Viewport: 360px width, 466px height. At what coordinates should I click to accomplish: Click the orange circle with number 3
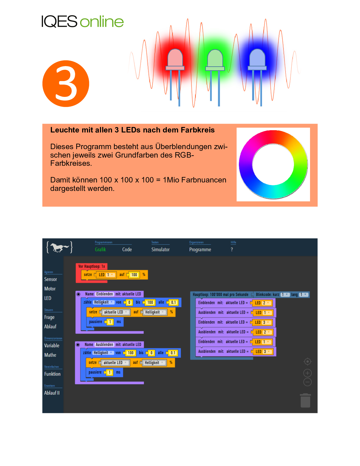pyautogui.click(x=66, y=84)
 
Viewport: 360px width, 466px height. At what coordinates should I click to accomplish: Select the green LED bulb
pyautogui.click(x=215, y=59)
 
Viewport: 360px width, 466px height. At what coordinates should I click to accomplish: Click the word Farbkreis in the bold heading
pyautogui.click(x=198, y=130)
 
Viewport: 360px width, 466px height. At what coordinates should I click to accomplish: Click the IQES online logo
pyautogui.click(x=82, y=21)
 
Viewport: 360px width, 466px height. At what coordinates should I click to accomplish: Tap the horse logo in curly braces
pyautogui.click(x=60, y=247)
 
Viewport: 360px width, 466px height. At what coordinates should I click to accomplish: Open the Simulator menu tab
pyautogui.click(x=160, y=250)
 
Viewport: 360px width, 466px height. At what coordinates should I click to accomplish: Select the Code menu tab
pyautogui.click(x=127, y=250)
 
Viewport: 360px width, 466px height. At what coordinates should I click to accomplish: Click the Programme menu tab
pyautogui.click(x=200, y=250)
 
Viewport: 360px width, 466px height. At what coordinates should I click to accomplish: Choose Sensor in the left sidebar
pyautogui.click(x=51, y=279)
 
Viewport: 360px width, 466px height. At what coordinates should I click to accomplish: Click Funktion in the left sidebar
pyautogui.click(x=52, y=374)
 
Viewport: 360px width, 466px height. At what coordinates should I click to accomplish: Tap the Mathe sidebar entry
pyautogui.click(x=50, y=355)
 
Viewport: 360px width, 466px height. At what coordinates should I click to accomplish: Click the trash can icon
pyautogui.click(x=305, y=401)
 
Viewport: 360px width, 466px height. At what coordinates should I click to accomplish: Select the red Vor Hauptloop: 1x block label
pyautogui.click(x=91, y=266)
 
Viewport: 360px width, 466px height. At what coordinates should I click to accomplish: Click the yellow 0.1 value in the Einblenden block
pyautogui.click(x=173, y=302)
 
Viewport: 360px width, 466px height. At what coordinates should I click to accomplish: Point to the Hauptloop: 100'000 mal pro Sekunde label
pyautogui.click(x=221, y=295)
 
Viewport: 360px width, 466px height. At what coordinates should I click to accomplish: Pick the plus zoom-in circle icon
pyautogui.click(x=307, y=373)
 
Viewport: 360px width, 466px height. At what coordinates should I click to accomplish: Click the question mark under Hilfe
pyautogui.click(x=232, y=250)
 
